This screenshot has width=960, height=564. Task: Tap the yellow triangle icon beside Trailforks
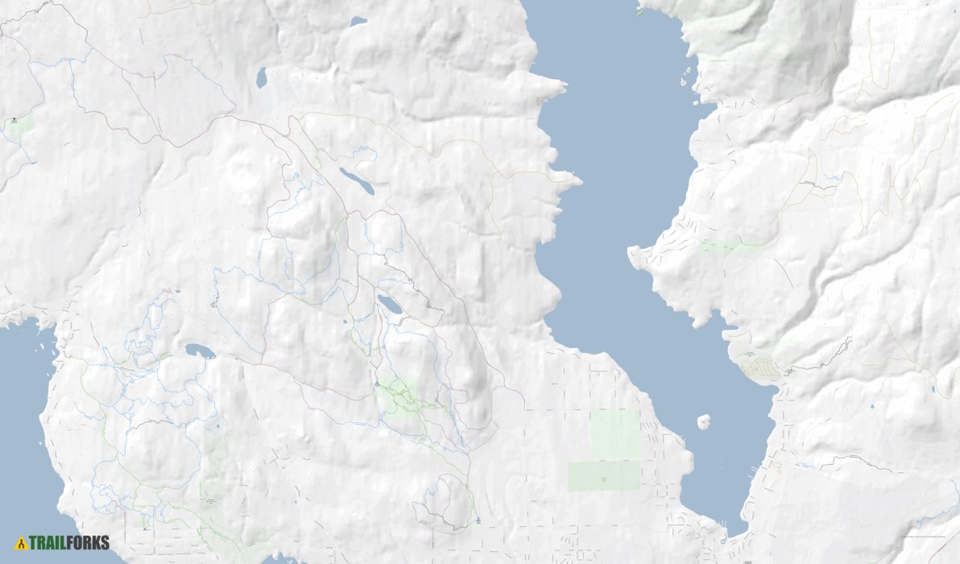coord(21,543)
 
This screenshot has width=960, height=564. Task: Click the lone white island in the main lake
coord(703,421)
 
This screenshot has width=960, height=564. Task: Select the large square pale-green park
coord(614,433)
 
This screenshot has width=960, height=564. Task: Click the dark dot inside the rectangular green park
coord(604,479)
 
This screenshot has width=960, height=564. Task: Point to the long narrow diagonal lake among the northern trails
coord(356,181)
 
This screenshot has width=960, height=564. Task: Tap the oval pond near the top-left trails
coord(261,78)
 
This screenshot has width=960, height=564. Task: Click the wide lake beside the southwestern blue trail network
coord(200,351)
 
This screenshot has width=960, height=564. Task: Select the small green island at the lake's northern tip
coord(640,11)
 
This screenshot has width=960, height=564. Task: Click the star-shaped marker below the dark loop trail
coord(478,520)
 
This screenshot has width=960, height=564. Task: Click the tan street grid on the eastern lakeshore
coord(759,369)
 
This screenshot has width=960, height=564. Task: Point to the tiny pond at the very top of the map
coord(358,22)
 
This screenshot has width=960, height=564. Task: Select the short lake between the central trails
coord(390,305)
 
